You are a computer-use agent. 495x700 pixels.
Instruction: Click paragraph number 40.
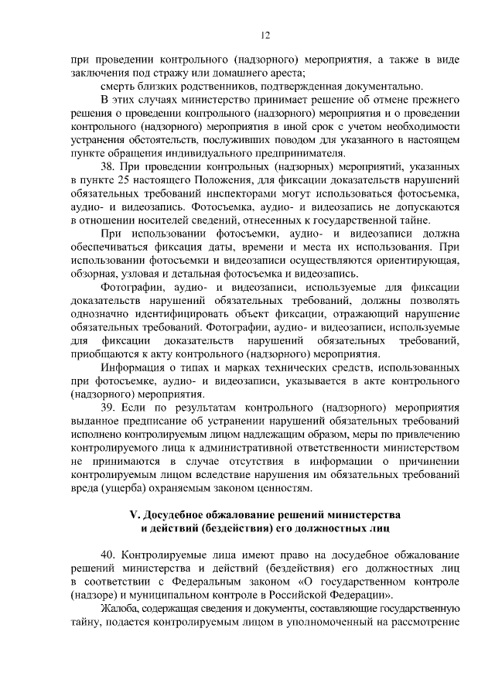pos(111,557)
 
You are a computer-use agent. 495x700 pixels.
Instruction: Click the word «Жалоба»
pos(121,613)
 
